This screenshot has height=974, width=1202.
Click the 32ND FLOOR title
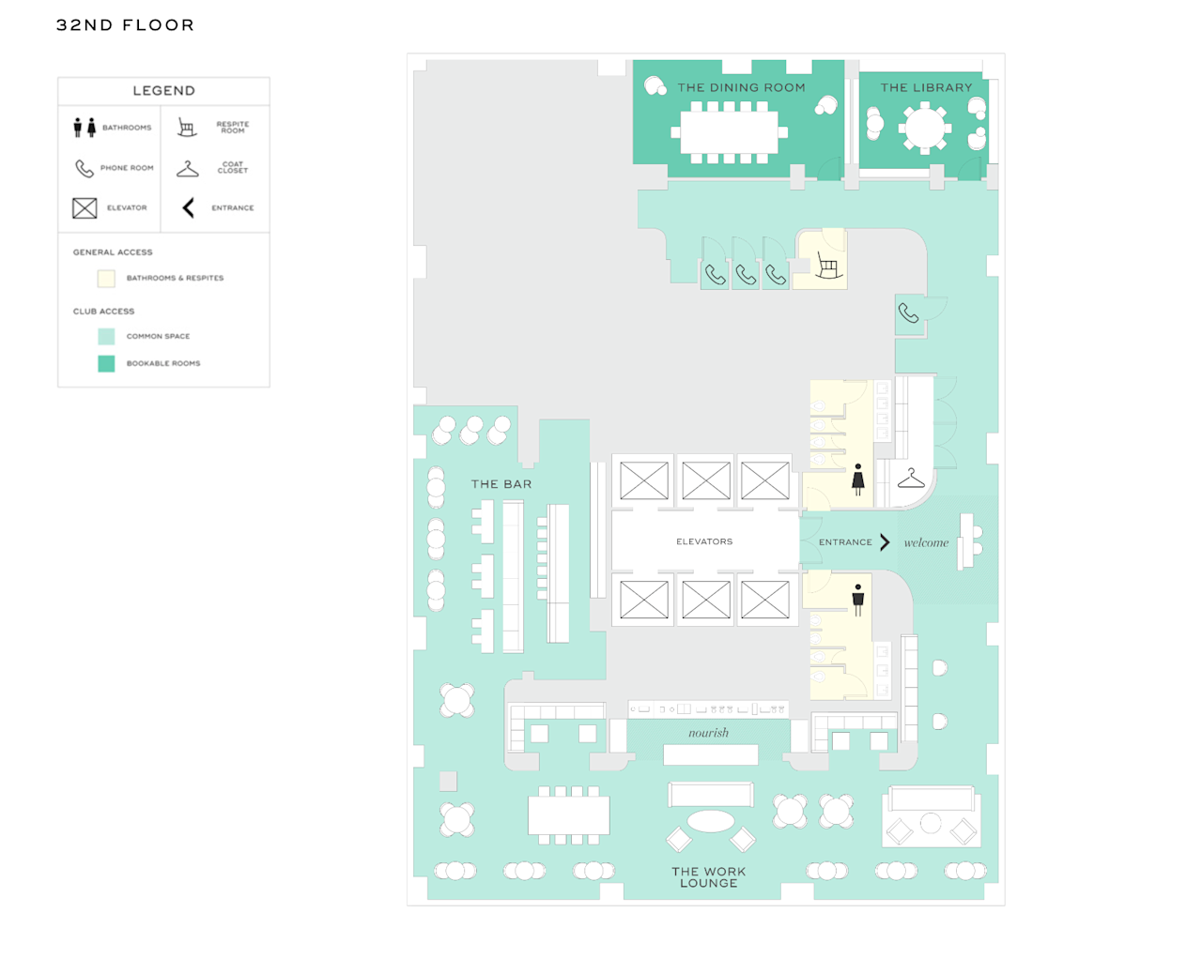pos(125,25)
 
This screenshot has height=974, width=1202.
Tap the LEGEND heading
pos(163,91)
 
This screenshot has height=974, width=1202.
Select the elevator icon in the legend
pos(85,207)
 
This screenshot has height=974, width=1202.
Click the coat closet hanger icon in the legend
pos(188,169)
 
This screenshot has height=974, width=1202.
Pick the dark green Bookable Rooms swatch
pos(106,363)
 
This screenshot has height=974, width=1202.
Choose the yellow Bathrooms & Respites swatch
pos(106,278)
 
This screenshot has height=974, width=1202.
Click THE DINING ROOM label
pos(741,87)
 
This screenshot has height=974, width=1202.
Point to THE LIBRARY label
pos(926,87)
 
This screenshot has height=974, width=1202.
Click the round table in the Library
pos(925,128)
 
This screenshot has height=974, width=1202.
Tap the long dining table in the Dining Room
pos(729,132)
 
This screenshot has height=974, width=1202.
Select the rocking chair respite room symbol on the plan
pos(827,266)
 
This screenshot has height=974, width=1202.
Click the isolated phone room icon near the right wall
pos(908,313)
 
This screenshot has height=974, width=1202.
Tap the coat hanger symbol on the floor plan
pos(910,479)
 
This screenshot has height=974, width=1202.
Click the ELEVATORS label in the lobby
pos(703,541)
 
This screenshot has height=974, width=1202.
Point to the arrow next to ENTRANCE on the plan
pos(885,541)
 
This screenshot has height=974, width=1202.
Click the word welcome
pos(926,542)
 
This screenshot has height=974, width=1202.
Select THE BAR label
pos(501,484)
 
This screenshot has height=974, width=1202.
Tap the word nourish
pos(708,733)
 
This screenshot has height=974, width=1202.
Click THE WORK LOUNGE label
pos(708,877)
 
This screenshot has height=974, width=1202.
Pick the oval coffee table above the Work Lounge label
pos(711,822)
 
